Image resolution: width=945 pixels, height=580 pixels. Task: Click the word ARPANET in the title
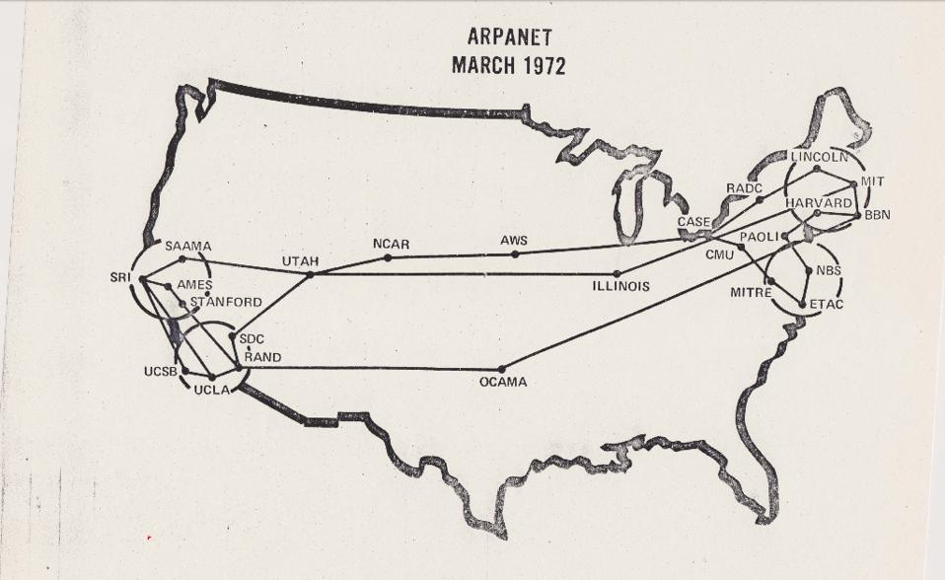(508, 38)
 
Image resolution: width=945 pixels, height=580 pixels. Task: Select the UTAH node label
(300, 260)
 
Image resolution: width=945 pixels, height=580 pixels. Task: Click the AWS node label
(514, 241)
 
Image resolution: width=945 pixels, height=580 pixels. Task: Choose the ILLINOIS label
(620, 287)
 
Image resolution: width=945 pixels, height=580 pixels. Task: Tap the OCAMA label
(503, 382)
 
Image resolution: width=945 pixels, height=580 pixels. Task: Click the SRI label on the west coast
(122, 277)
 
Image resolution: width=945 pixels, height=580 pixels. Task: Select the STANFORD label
(227, 302)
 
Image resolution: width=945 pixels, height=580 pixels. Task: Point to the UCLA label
(211, 390)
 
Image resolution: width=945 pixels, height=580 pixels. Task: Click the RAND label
(262, 357)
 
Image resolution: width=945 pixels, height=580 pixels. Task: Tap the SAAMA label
(187, 246)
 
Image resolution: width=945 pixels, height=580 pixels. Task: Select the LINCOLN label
(819, 157)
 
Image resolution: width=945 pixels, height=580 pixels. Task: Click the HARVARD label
(819, 202)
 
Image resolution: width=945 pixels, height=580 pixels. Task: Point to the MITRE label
(750, 293)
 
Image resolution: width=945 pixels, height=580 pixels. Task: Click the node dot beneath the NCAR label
(388, 258)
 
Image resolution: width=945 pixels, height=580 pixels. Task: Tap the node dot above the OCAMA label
(502, 369)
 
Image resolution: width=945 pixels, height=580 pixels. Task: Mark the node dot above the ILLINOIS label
(617, 273)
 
